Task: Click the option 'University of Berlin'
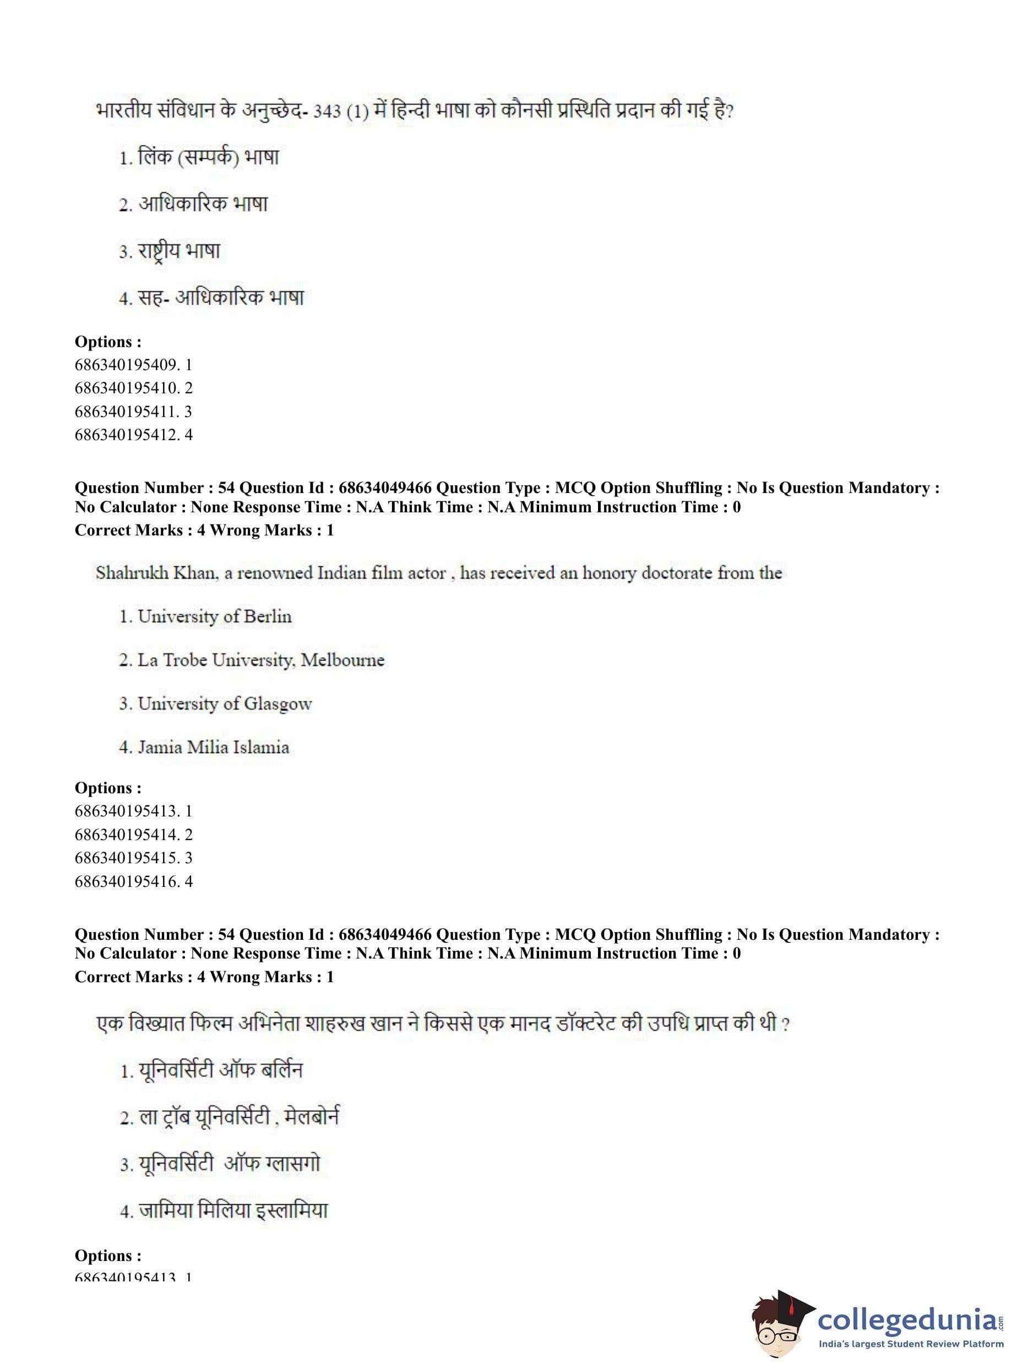214,616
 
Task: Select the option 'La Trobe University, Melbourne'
260,660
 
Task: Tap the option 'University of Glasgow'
224,703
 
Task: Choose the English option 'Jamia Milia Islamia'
213,747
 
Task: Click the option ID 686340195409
133,365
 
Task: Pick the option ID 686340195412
133,435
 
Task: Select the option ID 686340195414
133,835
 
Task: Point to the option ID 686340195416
133,881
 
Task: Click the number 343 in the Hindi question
327,112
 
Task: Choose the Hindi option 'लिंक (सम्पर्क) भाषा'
208,158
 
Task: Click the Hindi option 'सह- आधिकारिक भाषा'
221,298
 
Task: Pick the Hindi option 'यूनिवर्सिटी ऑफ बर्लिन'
220,1071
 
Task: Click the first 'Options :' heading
108,342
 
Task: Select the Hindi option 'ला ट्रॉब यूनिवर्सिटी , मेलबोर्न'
238,1117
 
